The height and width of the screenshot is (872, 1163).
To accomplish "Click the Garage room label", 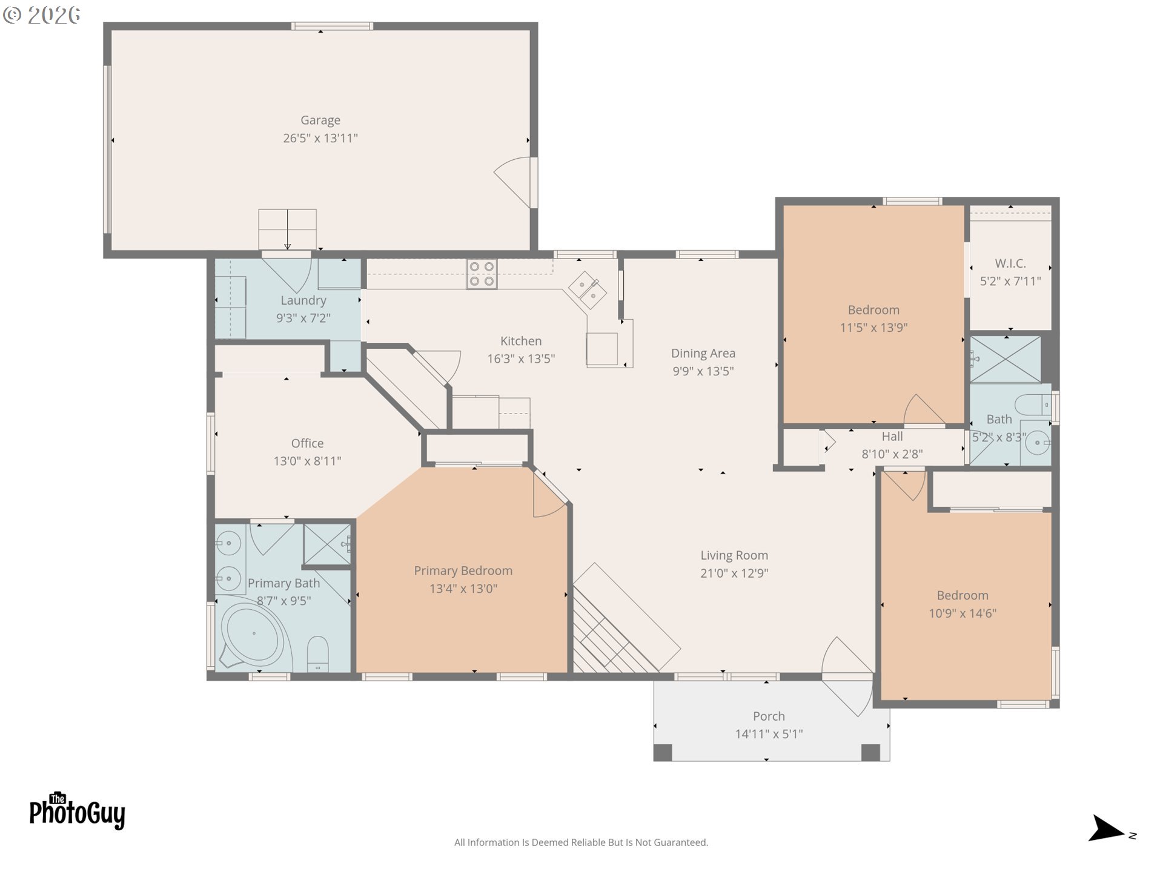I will (320, 120).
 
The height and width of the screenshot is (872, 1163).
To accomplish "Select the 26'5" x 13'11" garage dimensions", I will (320, 138).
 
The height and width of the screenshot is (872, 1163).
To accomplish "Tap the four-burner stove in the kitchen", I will (482, 274).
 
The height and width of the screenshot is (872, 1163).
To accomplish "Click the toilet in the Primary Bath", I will (317, 654).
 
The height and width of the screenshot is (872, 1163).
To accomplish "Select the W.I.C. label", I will (1010, 263).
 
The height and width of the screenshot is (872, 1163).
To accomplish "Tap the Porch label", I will (768, 716).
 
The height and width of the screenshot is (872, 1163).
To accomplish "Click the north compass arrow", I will (1107, 830).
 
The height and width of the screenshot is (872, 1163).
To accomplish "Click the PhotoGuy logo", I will (77, 811).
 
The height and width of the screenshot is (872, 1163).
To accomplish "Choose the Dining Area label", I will (703, 353).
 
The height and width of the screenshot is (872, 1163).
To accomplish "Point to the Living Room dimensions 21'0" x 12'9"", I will (734, 573).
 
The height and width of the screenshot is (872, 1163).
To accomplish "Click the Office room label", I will (307, 443).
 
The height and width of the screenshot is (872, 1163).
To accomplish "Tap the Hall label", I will (892, 437).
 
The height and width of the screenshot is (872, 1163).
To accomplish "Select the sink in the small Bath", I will (1037, 443).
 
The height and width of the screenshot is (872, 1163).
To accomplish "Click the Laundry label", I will (303, 300).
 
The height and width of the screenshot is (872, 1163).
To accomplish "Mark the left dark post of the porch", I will (663, 752).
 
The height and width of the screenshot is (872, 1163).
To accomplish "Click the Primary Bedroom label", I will (463, 570).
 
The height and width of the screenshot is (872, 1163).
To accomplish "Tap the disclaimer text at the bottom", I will (581, 842).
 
